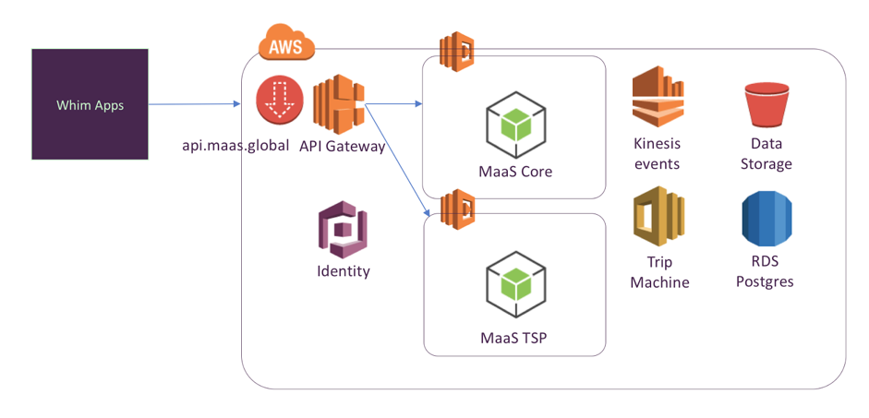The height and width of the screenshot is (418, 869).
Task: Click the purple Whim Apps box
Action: click(90, 104)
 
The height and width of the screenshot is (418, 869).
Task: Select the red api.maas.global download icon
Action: click(280, 101)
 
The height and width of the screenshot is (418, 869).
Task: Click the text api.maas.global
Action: click(235, 145)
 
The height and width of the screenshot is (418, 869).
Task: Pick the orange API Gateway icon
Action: click(341, 105)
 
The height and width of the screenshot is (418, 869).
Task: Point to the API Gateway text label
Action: click(342, 145)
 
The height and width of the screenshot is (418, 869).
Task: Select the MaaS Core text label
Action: click(515, 171)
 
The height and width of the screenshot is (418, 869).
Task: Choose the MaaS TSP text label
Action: click(513, 337)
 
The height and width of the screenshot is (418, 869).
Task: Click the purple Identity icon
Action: click(343, 231)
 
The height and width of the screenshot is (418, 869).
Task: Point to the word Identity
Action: click(343, 271)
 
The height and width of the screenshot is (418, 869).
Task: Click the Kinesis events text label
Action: click(657, 153)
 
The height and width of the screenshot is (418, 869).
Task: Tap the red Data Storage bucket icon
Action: click(766, 104)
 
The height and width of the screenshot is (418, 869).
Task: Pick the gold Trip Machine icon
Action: click(658, 215)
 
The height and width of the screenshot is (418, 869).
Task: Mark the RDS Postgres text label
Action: click(765, 271)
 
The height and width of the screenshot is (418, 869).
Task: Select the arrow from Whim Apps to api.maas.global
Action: click(194, 104)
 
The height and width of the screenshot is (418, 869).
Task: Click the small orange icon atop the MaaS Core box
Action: click(456, 51)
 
